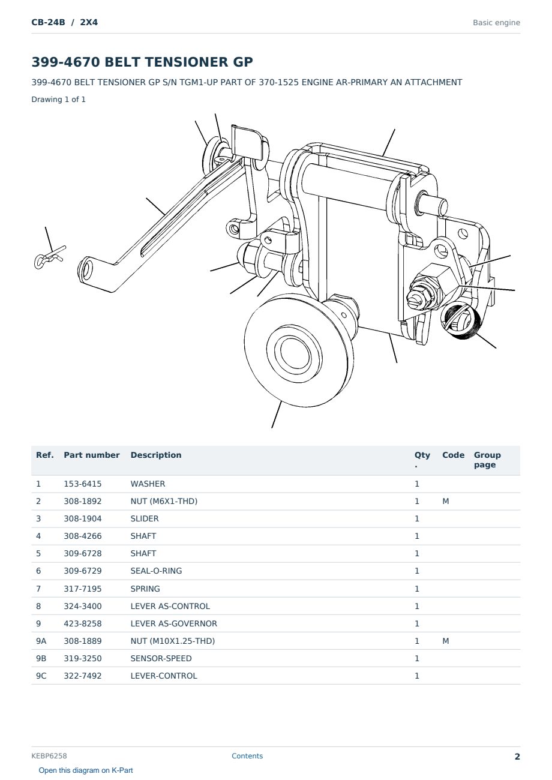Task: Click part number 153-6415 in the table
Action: coord(83,484)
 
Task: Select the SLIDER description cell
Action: coord(145,518)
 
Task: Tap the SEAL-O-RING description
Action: coord(156,571)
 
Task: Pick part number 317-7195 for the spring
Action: coord(83,589)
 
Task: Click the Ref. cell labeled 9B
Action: coord(41,658)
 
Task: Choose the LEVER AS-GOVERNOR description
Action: coord(174,623)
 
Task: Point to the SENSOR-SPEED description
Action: coord(161,658)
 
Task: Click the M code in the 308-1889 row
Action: coord(445,641)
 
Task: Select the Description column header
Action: coord(156,455)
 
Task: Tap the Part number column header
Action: coord(92,455)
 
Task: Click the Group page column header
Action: coord(487,460)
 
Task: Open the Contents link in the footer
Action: coord(247,755)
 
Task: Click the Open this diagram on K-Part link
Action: coord(86,770)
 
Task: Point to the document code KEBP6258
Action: coord(49,755)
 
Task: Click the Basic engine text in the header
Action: coord(496,23)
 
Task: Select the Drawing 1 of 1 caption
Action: coord(59,99)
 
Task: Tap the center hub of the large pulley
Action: coord(295,354)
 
